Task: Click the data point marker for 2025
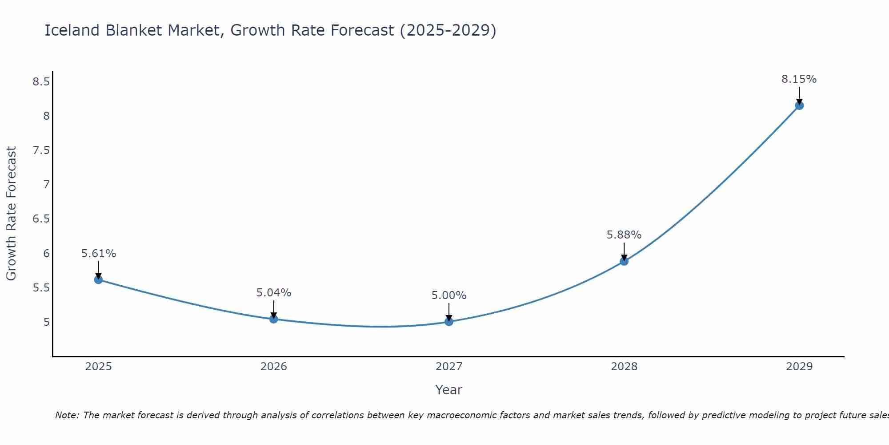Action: coord(98,279)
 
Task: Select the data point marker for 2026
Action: coord(273,319)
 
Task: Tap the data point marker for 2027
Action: coord(449,321)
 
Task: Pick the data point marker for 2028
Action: coord(624,261)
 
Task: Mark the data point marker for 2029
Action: coord(799,105)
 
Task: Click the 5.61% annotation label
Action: coord(98,254)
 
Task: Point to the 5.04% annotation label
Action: coord(273,293)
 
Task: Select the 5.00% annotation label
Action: coord(449,295)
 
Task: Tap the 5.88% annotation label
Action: coord(624,235)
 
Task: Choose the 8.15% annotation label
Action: coord(799,79)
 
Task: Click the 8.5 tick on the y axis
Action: coord(41,81)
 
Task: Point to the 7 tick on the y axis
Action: coord(46,184)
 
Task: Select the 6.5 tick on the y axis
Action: coord(41,219)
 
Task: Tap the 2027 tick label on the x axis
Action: coord(449,367)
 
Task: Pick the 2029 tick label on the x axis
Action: coord(799,367)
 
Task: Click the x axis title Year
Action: coord(449,390)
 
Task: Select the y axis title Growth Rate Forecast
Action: coord(11,214)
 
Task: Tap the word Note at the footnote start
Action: coord(66,415)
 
